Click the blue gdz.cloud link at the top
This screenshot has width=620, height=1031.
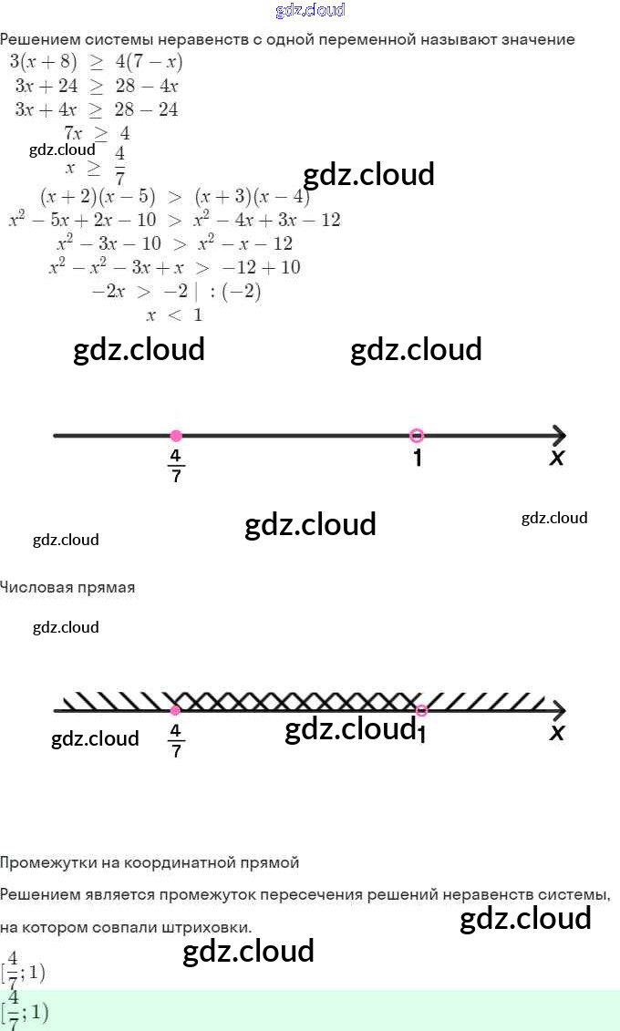(x=310, y=10)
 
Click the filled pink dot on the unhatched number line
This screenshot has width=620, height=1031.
(x=176, y=436)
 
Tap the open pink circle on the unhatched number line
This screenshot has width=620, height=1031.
(x=417, y=436)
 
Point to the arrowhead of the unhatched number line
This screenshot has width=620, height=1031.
(x=558, y=436)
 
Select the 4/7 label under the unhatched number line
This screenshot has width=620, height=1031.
(x=175, y=465)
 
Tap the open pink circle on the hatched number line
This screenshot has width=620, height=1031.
(x=420, y=711)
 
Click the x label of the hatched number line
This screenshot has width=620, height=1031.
(x=557, y=732)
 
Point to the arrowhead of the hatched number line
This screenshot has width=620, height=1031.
(x=558, y=711)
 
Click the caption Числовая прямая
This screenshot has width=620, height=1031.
(x=67, y=587)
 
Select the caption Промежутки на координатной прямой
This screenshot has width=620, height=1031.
(x=150, y=862)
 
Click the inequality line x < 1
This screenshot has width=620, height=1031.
(x=174, y=315)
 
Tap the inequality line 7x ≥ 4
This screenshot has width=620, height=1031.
(x=97, y=133)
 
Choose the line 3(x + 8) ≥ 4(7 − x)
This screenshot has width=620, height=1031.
(x=96, y=62)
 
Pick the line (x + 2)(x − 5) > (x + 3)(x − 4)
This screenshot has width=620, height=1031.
(x=175, y=196)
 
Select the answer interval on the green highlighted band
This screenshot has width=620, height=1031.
(x=26, y=1011)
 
